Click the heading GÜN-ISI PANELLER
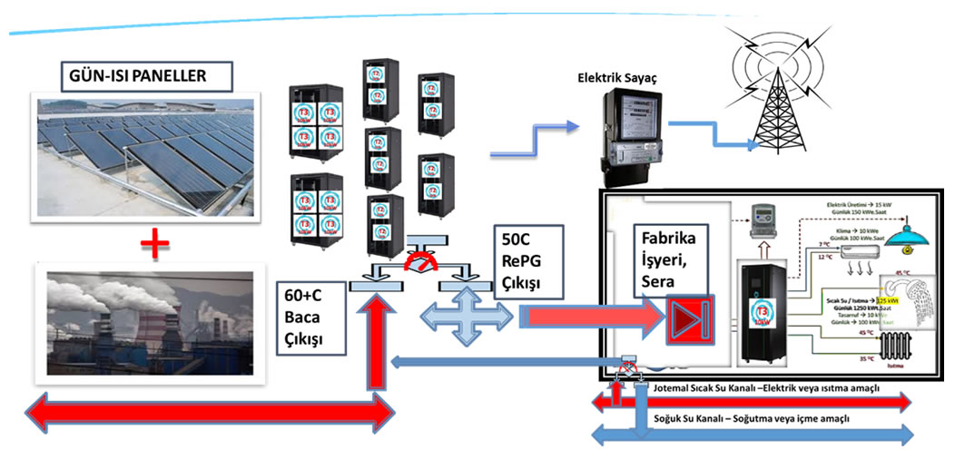click(x=133, y=75)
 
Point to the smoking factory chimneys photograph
click(x=151, y=323)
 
